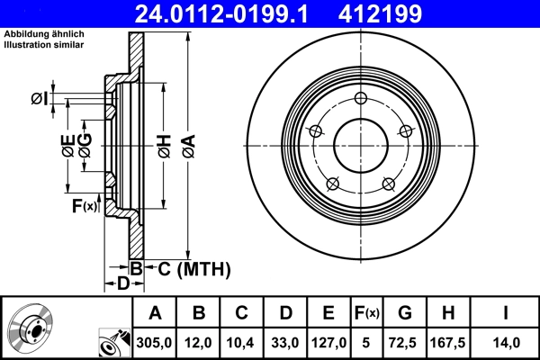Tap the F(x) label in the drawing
84,207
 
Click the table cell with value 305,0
155,342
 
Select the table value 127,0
328,342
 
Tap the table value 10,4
241,342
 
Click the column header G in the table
404,313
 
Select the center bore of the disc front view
361,147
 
